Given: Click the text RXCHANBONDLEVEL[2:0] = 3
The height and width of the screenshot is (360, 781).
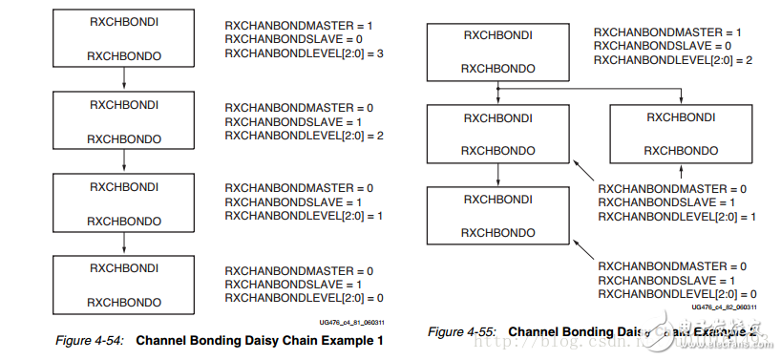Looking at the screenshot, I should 290,53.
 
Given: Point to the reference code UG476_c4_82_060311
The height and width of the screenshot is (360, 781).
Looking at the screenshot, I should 724,307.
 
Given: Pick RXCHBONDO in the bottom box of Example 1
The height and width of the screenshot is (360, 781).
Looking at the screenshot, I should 124,301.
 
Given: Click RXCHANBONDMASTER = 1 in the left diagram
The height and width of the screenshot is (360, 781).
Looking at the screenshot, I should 286,23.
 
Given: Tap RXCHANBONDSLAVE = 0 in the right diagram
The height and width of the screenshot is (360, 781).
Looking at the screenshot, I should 653,45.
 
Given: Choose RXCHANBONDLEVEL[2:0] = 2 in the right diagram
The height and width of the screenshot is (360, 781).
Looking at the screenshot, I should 660,59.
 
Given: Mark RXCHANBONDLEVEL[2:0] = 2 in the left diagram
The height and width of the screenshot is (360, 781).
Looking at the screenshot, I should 290,136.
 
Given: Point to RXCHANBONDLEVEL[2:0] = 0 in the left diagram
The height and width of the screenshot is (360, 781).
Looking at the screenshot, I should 290,298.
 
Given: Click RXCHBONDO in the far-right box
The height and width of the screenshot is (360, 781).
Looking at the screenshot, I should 681,151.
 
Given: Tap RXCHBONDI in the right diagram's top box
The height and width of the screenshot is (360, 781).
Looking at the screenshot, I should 497,35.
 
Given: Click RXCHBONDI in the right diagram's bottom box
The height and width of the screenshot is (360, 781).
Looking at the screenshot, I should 497,199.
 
